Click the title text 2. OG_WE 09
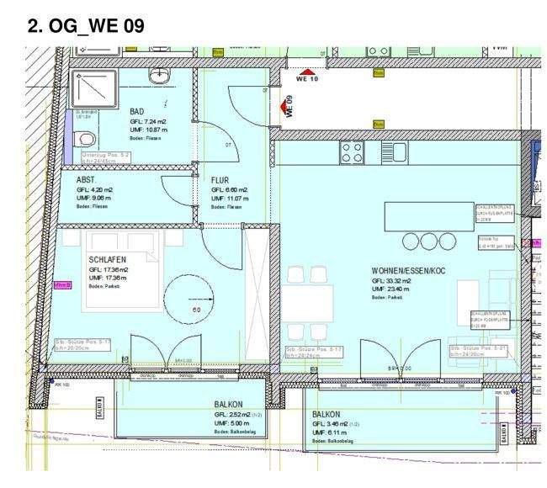point(86,25)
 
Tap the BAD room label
point(137,111)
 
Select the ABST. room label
point(86,179)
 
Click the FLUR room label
point(221,179)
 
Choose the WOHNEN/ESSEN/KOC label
point(407,271)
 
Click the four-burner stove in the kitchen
point(353,152)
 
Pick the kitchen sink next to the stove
point(392,152)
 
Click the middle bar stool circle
point(414,241)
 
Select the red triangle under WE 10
point(309,72)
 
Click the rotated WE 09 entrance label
point(289,106)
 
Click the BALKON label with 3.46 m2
point(327,415)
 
